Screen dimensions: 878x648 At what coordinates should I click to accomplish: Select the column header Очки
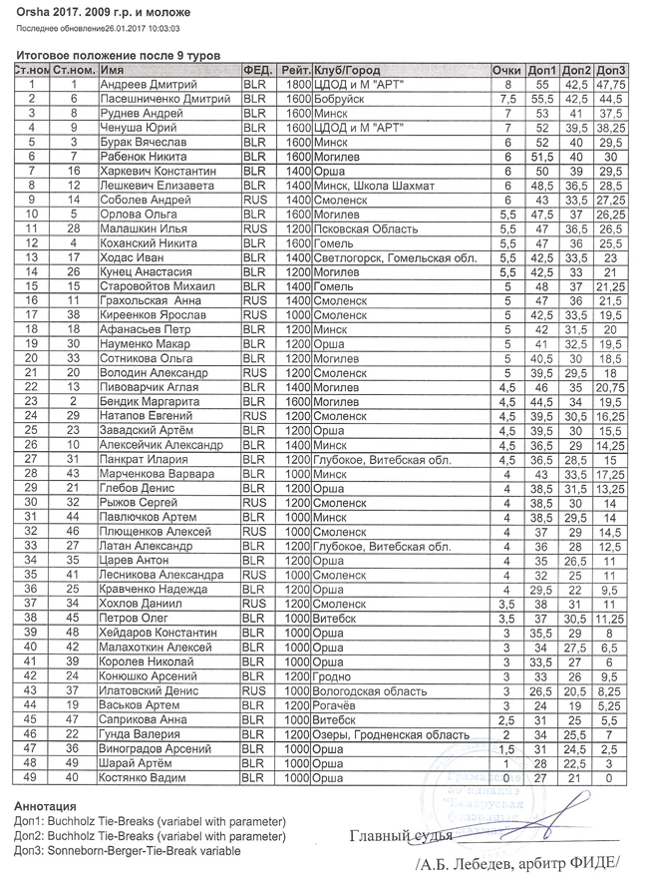click(x=506, y=72)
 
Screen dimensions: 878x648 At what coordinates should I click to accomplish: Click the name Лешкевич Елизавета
click(x=159, y=186)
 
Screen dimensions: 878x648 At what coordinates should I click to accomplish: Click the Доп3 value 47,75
click(x=610, y=86)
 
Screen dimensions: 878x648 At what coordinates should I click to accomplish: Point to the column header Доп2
click(x=576, y=72)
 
